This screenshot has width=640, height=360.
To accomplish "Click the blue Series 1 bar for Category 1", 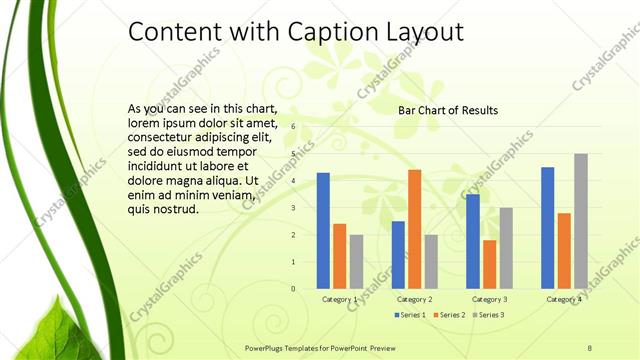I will (323, 231).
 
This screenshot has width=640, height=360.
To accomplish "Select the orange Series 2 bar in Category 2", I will (414, 229).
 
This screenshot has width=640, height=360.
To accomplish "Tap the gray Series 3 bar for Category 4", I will (581, 221).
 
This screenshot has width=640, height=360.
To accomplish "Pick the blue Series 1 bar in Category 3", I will (473, 241).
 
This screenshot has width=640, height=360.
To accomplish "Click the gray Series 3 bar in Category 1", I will (356, 262).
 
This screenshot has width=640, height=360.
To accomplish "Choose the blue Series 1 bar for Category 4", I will (548, 228).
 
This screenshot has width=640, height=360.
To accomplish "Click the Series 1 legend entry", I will (410, 315).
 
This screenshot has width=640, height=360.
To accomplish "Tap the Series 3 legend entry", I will (489, 315).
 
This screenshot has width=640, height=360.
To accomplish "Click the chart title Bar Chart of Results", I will (448, 110).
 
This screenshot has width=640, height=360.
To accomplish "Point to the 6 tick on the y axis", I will (294, 127).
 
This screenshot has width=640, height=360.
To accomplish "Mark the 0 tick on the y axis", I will (294, 289).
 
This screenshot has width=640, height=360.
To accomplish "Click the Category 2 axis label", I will (414, 300).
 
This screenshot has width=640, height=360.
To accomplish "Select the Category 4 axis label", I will (564, 300).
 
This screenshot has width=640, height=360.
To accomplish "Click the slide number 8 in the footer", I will (590, 347).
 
